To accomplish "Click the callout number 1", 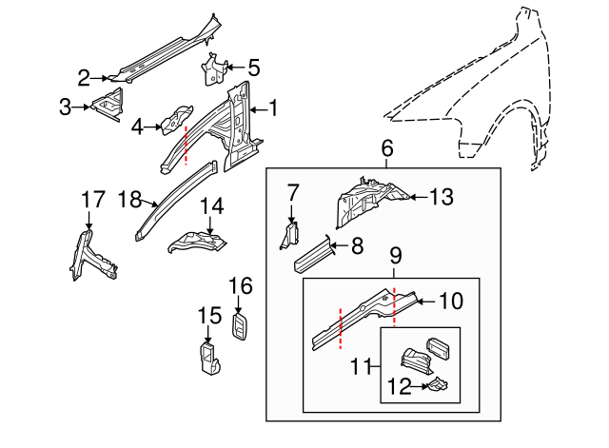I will pos(272,108).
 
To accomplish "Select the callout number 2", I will pos(84,77).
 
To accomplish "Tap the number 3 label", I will pos(66,107).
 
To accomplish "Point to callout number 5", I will pos(253,68).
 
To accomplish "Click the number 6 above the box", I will pos(386,148).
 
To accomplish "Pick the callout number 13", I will pos(442,198).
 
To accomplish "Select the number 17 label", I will pos(92,200).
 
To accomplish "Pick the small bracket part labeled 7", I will pos(289,233).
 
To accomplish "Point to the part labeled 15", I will pos(208,358).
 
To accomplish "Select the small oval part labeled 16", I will pos(240,325).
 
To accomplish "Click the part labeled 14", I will pos(198,242).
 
